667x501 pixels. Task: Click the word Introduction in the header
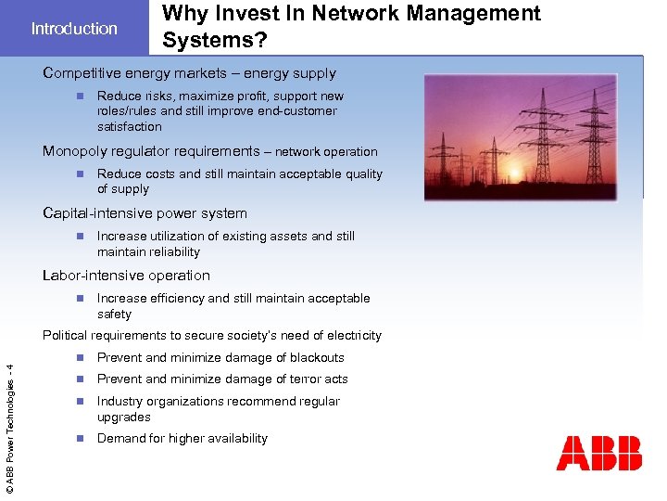point(74,29)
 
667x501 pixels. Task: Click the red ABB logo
point(598,453)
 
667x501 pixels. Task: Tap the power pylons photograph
point(533,137)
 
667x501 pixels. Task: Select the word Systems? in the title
point(208,41)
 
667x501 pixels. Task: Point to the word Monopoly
point(75,151)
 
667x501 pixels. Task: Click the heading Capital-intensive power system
point(145,213)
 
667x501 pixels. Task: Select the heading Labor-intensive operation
point(126,276)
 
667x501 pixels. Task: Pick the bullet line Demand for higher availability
point(182,439)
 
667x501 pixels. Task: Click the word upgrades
point(123,417)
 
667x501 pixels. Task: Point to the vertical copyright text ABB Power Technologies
point(10,426)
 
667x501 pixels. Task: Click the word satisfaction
point(129,127)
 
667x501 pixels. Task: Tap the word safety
point(114,315)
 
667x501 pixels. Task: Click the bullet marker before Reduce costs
point(81,173)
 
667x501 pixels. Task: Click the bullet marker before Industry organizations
point(81,401)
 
